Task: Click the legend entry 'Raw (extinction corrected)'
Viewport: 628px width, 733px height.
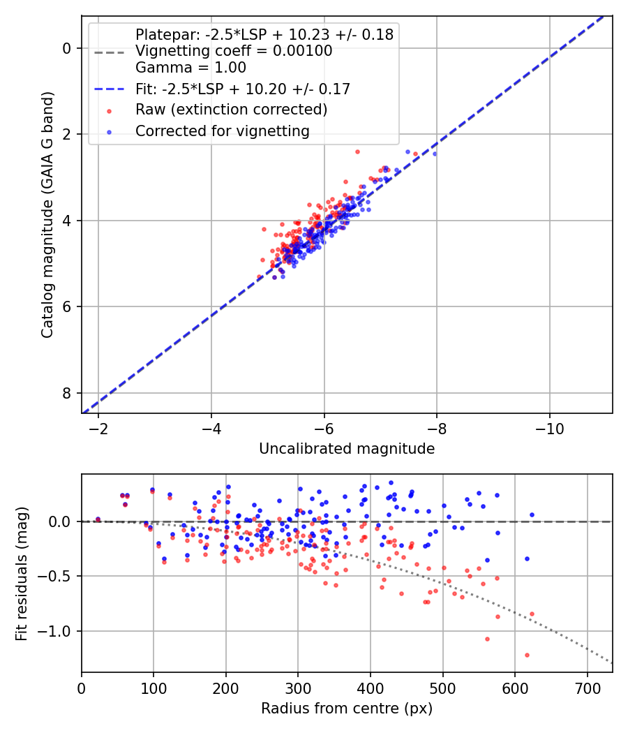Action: point(231,110)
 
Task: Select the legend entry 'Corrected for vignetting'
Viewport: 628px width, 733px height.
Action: point(222,131)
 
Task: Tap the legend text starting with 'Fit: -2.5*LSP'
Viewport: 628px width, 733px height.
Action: point(242,89)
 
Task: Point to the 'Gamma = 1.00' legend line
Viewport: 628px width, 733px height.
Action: point(190,68)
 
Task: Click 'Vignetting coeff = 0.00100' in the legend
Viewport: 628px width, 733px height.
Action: point(234,51)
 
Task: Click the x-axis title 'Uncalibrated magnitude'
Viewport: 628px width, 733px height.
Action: point(347,449)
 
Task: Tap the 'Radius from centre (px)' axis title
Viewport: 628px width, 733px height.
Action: point(347,709)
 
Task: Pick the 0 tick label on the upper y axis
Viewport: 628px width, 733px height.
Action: point(68,48)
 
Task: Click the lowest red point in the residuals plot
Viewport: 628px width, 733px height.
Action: point(527,655)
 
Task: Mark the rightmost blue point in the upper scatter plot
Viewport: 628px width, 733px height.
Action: point(434,154)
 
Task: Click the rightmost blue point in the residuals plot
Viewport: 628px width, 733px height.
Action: point(532,514)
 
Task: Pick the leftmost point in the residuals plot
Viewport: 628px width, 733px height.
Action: point(98,519)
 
